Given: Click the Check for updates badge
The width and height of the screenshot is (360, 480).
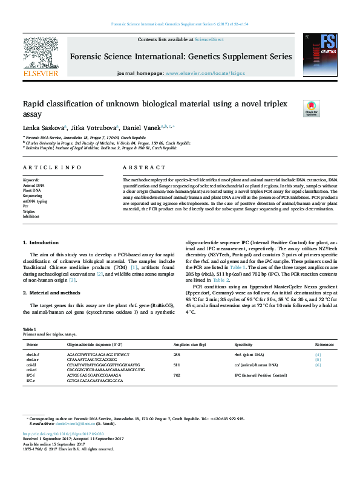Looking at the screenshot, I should point(311,108).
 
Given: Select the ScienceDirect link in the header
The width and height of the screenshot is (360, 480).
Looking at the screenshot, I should point(209,39).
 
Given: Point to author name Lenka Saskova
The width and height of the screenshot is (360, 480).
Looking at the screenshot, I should point(39,128).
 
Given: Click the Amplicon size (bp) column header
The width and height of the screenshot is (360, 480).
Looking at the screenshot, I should point(189,343).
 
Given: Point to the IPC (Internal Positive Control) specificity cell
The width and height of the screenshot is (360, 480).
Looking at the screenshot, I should point(260,376).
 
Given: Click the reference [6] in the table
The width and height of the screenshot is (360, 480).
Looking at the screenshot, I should point(318,365).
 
